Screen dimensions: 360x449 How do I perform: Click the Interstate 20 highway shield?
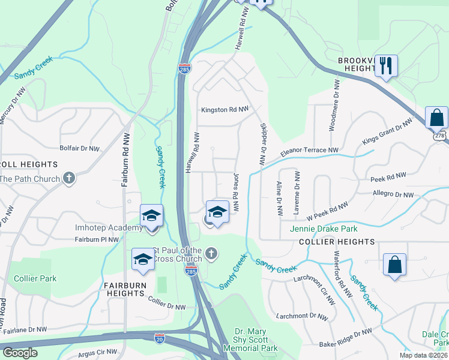click(x=160, y=339)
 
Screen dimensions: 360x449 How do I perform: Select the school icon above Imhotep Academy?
click(x=152, y=215)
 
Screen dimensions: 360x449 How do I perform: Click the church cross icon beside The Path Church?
click(x=70, y=178)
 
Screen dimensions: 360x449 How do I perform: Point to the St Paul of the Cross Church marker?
click(x=209, y=254)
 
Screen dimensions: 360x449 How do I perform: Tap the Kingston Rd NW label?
click(x=224, y=110)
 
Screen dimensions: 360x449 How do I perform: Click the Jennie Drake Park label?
click(x=324, y=229)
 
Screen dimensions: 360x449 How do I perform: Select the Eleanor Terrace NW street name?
click(x=309, y=151)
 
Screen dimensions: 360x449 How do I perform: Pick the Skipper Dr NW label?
click(x=262, y=145)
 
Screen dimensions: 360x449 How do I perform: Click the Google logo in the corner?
click(x=20, y=352)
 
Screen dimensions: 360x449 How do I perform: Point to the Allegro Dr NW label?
click(x=392, y=194)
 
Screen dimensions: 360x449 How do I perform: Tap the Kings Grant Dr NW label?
click(x=387, y=132)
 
